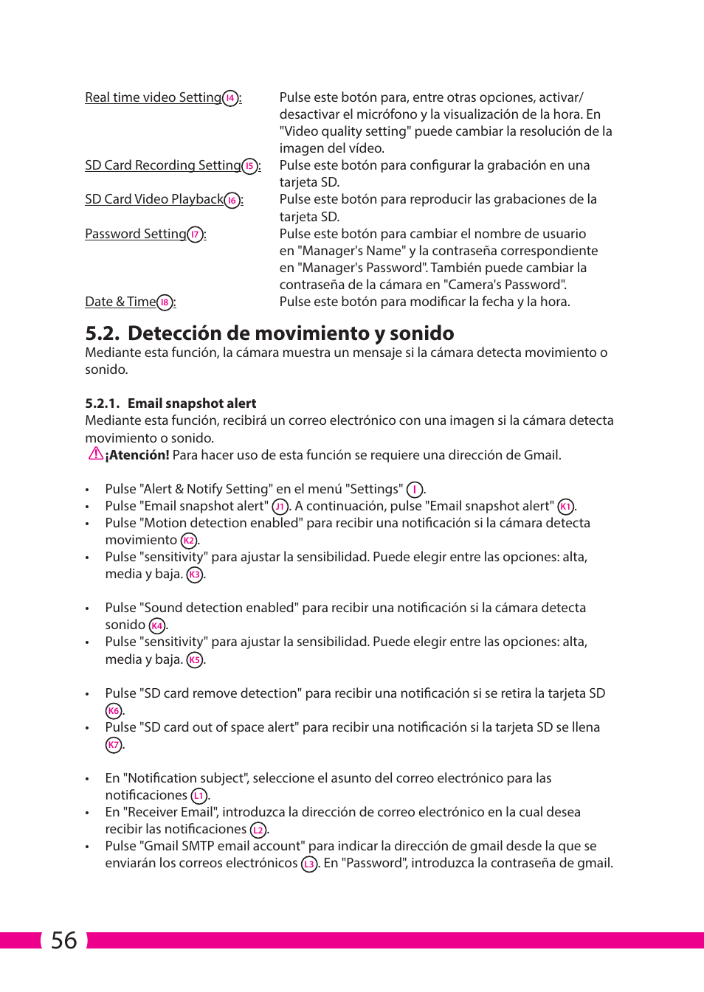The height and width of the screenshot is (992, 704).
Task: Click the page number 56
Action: [x=63, y=940]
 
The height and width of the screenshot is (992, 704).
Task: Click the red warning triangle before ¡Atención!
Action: [x=95, y=454]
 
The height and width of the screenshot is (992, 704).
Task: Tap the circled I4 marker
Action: [x=230, y=98]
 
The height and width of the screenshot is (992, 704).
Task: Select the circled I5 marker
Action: [x=250, y=166]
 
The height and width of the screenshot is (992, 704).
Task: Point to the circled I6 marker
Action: [x=232, y=201]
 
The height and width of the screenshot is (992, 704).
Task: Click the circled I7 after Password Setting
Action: [x=195, y=235]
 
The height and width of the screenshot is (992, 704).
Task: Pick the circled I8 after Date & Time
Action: [x=165, y=302]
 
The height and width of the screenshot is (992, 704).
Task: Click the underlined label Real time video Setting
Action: [x=153, y=97]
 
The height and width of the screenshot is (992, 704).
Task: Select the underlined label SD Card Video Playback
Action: [x=153, y=199]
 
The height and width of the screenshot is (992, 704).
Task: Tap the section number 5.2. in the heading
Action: [x=103, y=333]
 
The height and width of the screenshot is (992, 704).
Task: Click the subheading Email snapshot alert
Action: [x=192, y=403]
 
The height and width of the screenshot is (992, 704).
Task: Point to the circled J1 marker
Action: [x=280, y=507]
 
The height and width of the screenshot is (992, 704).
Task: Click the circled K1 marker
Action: [x=565, y=507]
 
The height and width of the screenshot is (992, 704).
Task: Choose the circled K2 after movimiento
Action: [x=189, y=541]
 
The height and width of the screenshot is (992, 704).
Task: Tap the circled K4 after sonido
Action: [x=156, y=626]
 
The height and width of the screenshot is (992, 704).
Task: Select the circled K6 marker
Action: [x=113, y=711]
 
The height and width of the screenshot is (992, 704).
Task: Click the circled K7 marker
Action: [x=113, y=745]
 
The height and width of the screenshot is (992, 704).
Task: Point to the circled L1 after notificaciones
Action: [x=199, y=796]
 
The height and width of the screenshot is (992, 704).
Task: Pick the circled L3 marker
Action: [x=309, y=864]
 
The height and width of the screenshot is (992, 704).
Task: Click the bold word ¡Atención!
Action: [x=137, y=455]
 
